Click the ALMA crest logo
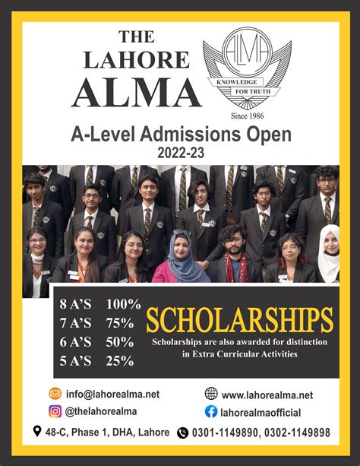click(x=246, y=68)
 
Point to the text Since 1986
click(x=246, y=116)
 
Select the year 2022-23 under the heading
click(x=180, y=152)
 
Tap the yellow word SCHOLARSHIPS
click(x=239, y=320)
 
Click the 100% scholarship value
click(x=124, y=303)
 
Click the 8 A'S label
click(x=75, y=303)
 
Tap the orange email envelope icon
click(x=55, y=394)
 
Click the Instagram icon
click(x=55, y=412)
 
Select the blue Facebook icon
click(x=211, y=412)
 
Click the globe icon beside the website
click(x=211, y=394)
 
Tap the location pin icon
click(x=37, y=432)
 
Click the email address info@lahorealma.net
click(x=112, y=395)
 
